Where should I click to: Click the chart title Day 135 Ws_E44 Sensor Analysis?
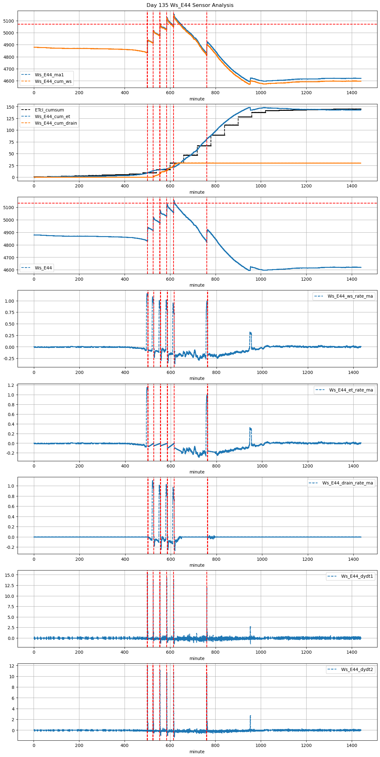190,5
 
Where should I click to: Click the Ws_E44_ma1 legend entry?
49,75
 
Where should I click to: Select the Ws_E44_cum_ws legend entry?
53,81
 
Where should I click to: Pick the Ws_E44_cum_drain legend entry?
56,123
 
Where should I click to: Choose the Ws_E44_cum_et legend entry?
52,116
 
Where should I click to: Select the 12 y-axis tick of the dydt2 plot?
12,666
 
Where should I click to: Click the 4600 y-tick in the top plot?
8,81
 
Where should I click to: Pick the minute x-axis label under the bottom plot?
197,752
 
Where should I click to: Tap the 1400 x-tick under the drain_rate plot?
353,559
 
